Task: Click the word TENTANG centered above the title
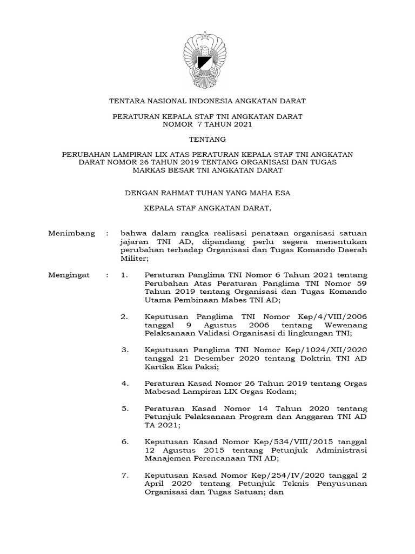[x=207, y=139]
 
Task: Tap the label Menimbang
[x=71, y=233]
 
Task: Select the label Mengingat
[x=71, y=275]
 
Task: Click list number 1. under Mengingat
[x=125, y=275]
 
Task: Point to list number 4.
[x=125, y=384]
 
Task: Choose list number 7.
[x=125, y=476]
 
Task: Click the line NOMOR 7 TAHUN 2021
[x=207, y=124]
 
